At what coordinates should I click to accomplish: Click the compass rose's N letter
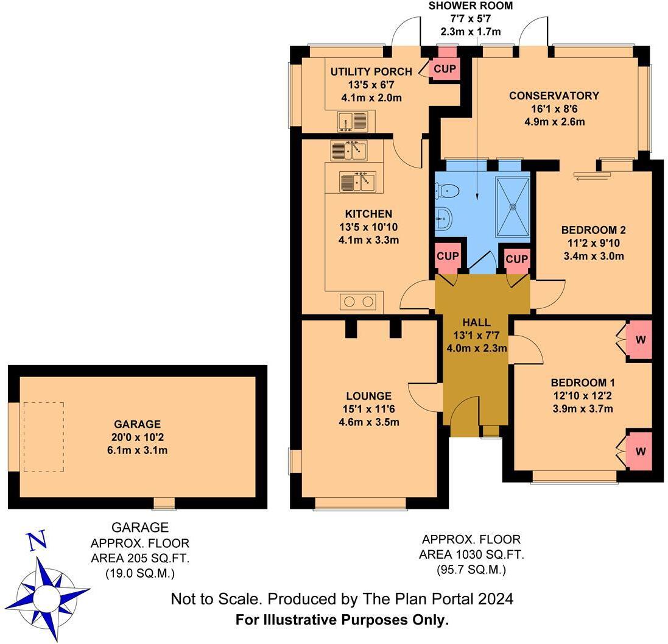tap(37, 540)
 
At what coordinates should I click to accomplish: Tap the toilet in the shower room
tap(446, 191)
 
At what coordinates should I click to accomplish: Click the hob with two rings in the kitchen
tap(358, 301)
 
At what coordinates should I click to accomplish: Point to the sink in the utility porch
tap(353, 121)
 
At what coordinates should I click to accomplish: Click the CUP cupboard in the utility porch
tap(445, 69)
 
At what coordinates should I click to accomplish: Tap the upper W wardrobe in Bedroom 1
tap(640, 339)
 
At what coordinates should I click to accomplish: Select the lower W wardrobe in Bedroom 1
tap(640, 451)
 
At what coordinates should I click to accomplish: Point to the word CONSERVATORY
tap(554, 96)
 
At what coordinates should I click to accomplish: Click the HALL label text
tap(476, 322)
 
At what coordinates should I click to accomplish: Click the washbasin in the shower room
tap(443, 218)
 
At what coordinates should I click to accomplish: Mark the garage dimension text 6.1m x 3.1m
tap(137, 450)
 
